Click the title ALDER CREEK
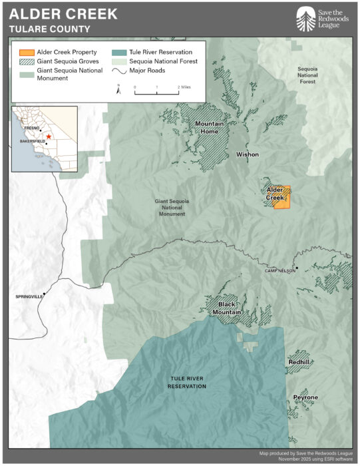(63, 14)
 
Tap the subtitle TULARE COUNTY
(50, 29)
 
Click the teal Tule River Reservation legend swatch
(120, 52)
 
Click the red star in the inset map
(49, 136)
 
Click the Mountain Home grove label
(209, 127)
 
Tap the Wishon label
(248, 154)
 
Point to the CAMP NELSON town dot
(297, 268)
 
